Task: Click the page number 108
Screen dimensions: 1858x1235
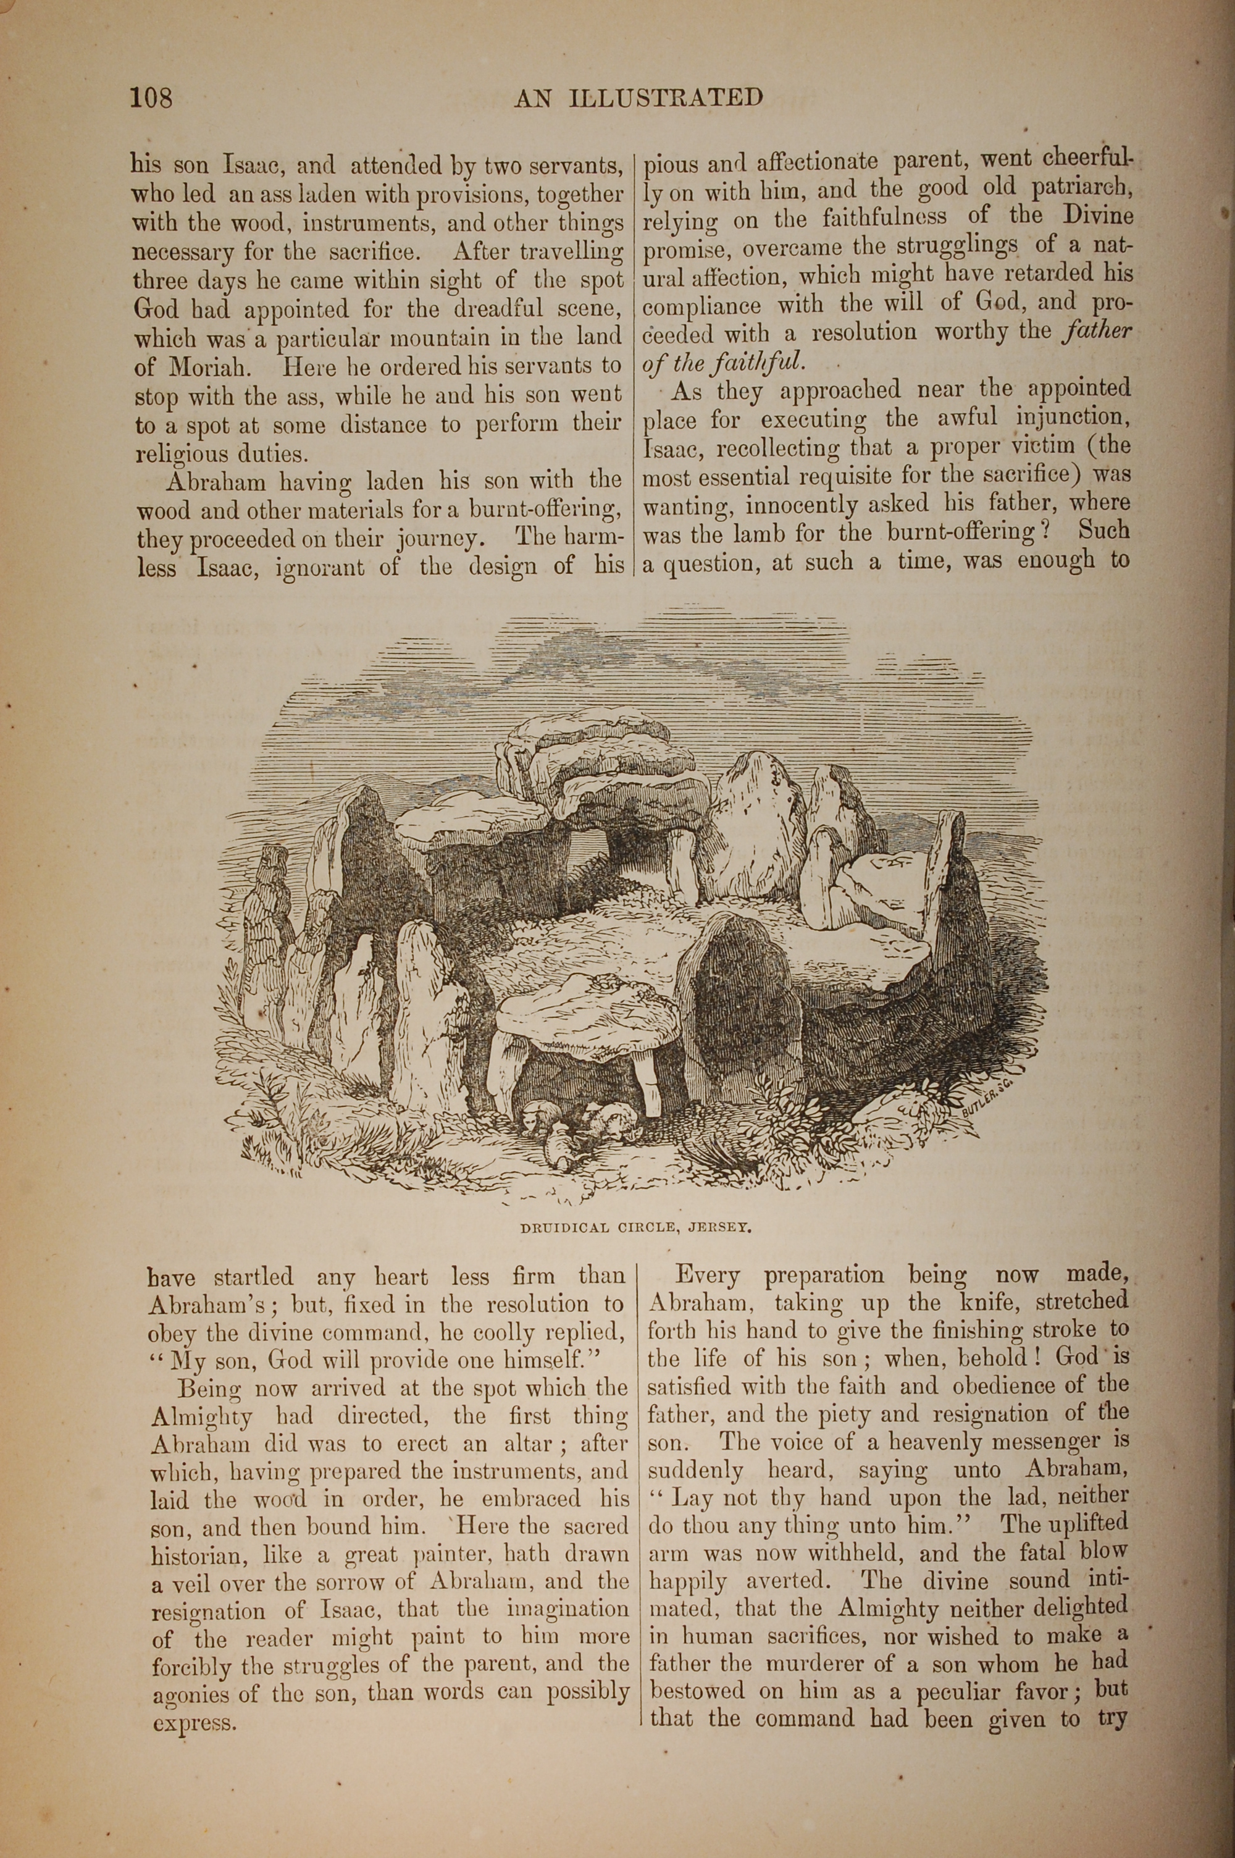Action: [151, 98]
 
